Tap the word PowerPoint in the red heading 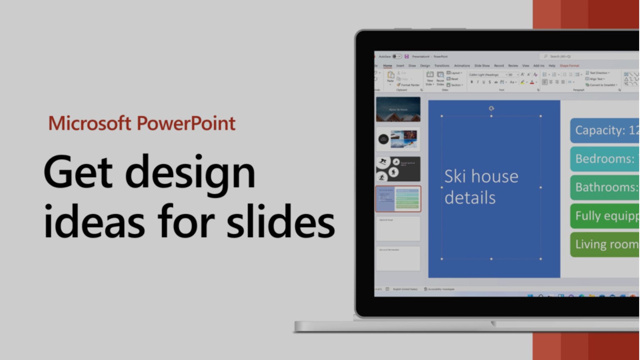(x=186, y=123)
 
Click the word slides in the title (x=280, y=221)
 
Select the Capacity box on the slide (x=605, y=130)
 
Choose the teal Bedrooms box (x=605, y=159)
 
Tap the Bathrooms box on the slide (x=605, y=187)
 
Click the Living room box (x=605, y=244)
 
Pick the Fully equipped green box (x=605, y=216)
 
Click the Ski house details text (x=481, y=187)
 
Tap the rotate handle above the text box (x=492, y=108)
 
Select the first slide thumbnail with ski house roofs (x=398, y=109)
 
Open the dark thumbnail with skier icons (x=398, y=169)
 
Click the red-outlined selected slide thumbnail (x=398, y=199)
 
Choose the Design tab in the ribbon (x=425, y=66)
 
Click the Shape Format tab (x=569, y=66)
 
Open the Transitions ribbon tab (x=442, y=66)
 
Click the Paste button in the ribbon (x=390, y=77)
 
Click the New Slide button (x=430, y=78)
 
